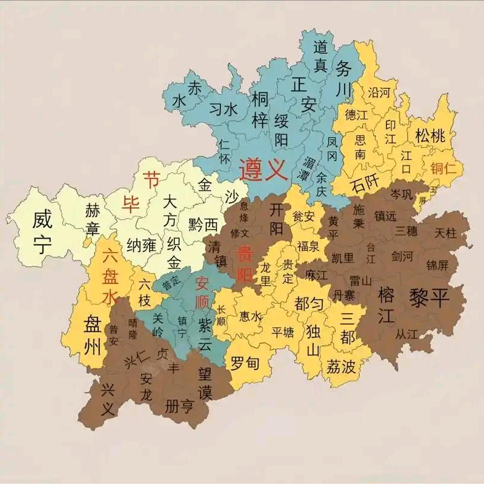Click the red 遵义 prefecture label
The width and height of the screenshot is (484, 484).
point(262,169)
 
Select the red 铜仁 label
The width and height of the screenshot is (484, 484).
point(443,169)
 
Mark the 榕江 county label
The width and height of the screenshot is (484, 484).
point(386,305)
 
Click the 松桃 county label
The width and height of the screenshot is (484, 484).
point(429,135)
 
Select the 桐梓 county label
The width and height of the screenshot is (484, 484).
point(259,109)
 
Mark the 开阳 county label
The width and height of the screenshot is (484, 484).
point(276,218)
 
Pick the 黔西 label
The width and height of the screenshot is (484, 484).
point(203,224)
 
